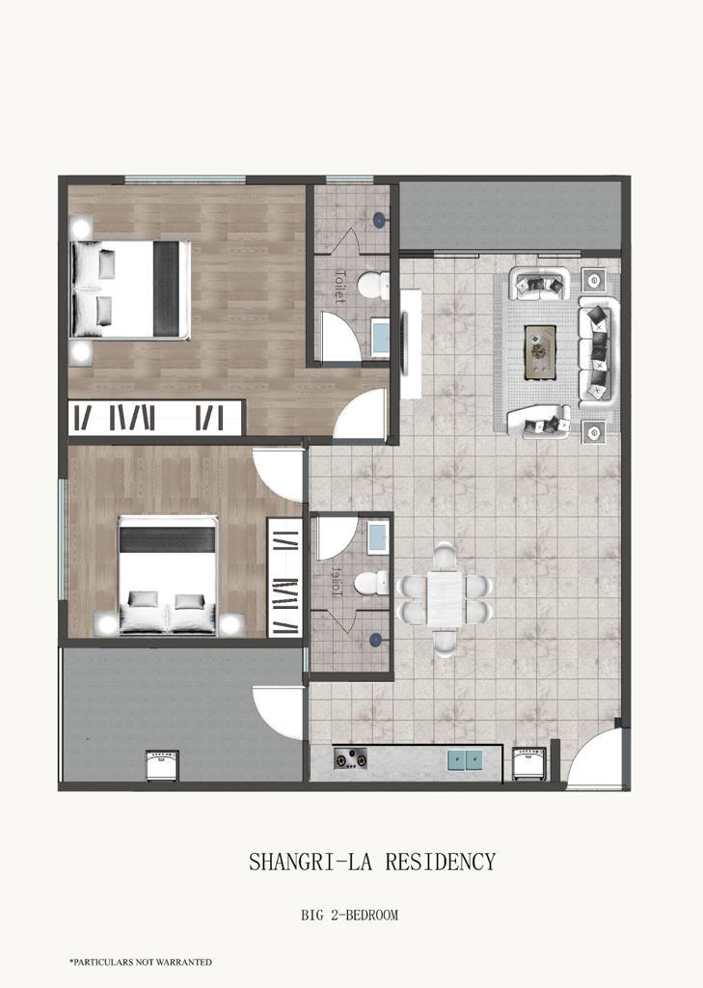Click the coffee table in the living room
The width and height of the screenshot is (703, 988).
click(x=540, y=352)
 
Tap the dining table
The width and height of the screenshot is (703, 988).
click(x=446, y=598)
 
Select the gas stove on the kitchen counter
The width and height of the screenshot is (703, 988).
click(x=350, y=758)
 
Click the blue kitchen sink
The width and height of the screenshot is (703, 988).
click(x=465, y=760)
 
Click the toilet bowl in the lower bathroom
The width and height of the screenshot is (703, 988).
click(x=371, y=583)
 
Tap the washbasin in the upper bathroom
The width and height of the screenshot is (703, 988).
click(x=380, y=338)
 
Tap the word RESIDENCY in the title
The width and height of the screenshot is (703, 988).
click(x=441, y=862)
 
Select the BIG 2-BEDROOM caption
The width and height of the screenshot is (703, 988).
click(x=350, y=915)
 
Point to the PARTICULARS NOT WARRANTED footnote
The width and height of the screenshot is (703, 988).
click(x=141, y=962)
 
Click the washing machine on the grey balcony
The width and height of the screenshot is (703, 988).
click(x=162, y=765)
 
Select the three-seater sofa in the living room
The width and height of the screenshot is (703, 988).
click(x=599, y=351)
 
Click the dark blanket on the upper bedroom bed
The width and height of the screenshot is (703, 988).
click(x=166, y=289)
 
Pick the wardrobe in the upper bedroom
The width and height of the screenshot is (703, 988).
click(x=155, y=417)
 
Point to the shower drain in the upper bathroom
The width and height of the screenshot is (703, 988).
click(x=380, y=219)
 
